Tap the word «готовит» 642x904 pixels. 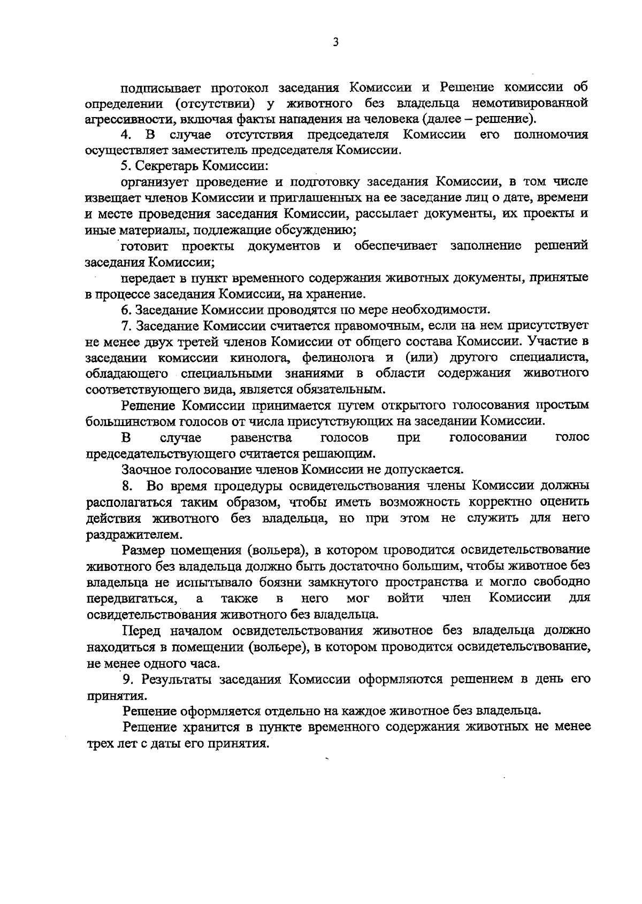(145, 246)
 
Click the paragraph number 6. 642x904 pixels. (126, 310)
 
